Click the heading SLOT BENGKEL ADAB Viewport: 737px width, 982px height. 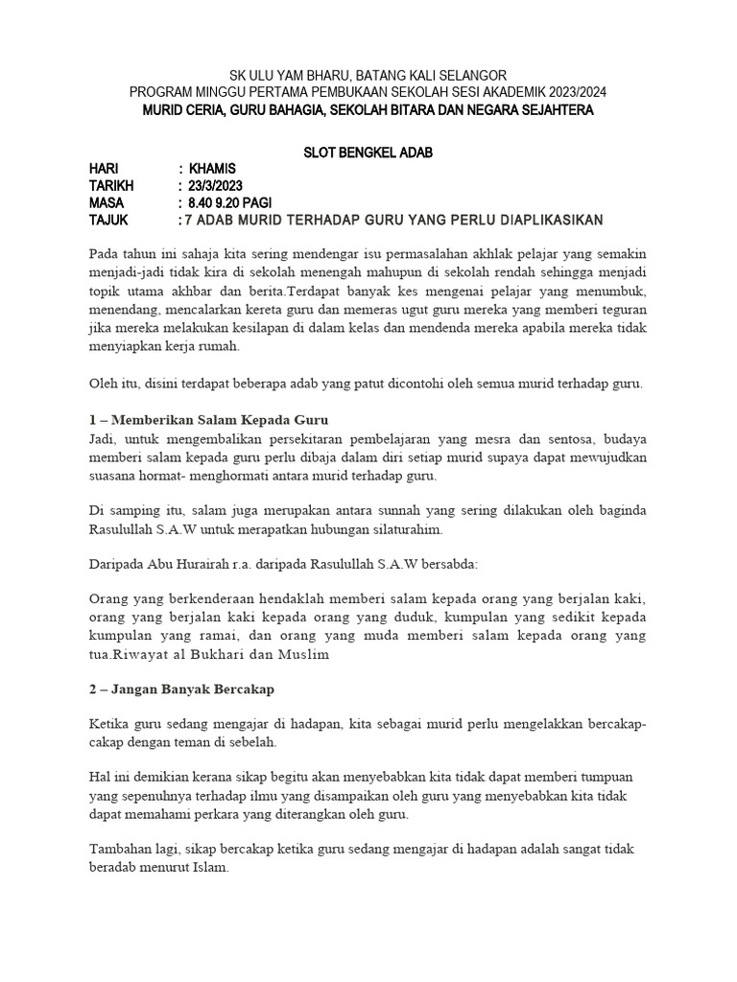point(368,152)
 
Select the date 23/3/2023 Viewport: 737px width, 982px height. point(217,186)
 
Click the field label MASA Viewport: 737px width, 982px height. point(107,203)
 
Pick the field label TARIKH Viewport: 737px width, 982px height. point(112,186)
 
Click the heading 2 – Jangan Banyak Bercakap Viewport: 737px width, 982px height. point(178,690)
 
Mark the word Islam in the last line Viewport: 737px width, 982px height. point(207,868)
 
